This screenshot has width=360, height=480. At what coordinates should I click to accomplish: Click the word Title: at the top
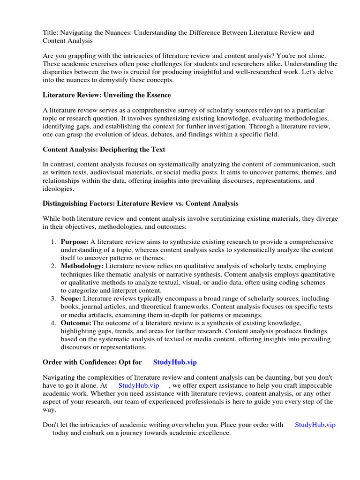coord(51,32)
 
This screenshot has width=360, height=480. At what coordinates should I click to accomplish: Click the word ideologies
coord(58,188)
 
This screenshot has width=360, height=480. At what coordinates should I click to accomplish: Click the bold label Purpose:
coord(75,242)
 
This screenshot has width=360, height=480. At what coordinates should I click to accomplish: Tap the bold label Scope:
coord(71,298)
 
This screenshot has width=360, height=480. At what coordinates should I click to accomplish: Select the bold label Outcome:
coord(76,323)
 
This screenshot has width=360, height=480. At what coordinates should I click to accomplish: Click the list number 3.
coord(53,298)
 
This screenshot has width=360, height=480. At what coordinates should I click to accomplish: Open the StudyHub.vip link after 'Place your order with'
coord(315,425)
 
